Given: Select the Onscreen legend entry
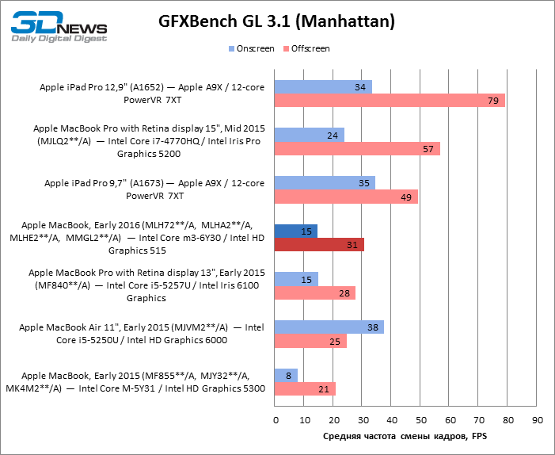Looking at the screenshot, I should [252, 49].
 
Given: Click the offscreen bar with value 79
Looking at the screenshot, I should [390, 101].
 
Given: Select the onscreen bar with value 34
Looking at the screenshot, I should [323, 86].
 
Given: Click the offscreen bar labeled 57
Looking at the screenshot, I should [357, 149].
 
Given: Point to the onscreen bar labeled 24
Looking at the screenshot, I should [310, 135].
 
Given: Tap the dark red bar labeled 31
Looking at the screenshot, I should [319, 245].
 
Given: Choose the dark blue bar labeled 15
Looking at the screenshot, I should [296, 231].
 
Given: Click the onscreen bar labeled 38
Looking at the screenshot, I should [329, 327].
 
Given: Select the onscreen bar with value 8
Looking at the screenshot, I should [286, 375].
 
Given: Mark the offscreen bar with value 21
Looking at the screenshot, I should [305, 389].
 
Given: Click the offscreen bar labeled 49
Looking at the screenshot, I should [346, 197].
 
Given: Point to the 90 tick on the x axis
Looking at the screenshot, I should [538, 419].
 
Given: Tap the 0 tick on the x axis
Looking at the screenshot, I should [275, 419].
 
